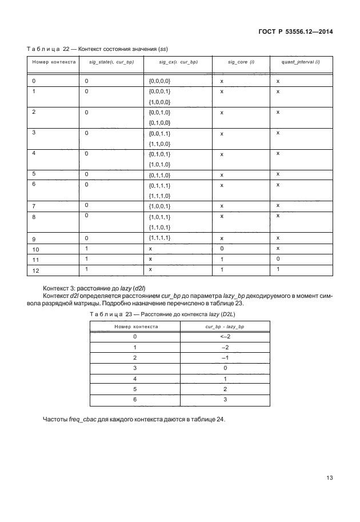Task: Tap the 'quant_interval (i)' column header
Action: click(x=301, y=61)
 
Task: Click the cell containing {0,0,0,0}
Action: click(x=159, y=81)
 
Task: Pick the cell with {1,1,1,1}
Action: click(x=159, y=237)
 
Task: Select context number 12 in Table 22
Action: click(x=36, y=270)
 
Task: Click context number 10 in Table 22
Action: click(x=36, y=249)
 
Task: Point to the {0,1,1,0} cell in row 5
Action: click(x=159, y=174)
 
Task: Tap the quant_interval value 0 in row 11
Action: click(x=278, y=259)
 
